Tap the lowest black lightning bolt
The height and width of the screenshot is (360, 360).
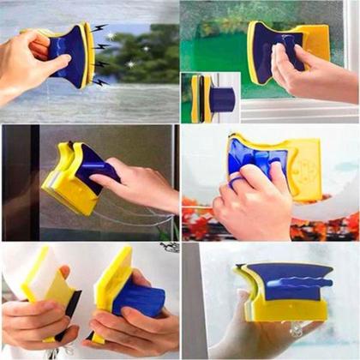(x=100, y=82)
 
